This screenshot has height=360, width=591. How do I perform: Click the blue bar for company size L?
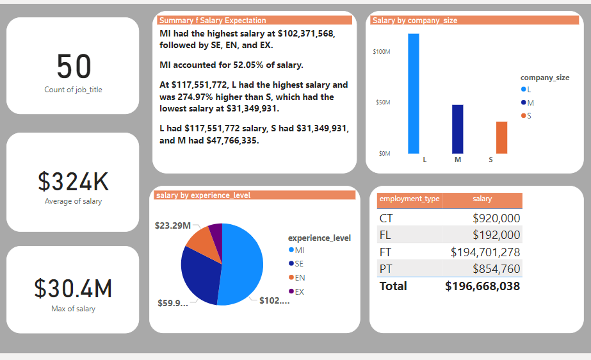pos(413,94)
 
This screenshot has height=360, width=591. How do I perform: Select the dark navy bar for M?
pos(457,129)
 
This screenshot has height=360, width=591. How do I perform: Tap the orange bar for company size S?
pos(501,137)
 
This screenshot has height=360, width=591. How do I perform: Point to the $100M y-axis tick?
pos(382,51)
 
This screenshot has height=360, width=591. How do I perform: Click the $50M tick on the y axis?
pos(382,102)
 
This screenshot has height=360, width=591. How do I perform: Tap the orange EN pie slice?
pos(200,241)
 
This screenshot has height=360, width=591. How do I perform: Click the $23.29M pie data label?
pos(173,225)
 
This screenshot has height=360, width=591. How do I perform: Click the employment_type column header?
pos(409,199)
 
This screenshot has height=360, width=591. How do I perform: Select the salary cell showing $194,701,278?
pos(485,252)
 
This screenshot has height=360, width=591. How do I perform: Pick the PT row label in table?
pos(386,268)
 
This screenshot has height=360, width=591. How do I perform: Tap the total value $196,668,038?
pos(482,286)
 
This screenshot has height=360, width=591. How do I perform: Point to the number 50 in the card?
pos(74,67)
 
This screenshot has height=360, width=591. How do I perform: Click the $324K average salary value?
pos(73,182)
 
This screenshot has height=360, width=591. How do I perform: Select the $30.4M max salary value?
pos(73,289)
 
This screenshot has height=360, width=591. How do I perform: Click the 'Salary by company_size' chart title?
pos(415,20)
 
